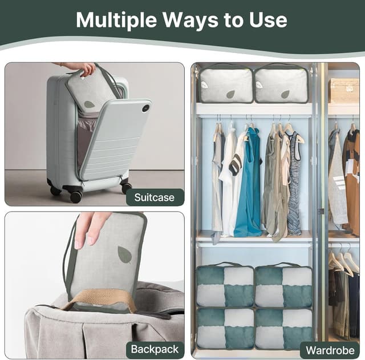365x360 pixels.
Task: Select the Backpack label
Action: click(x=155, y=349)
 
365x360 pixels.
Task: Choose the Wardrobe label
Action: click(x=330, y=349)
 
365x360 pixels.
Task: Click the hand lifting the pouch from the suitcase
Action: click(x=83, y=68)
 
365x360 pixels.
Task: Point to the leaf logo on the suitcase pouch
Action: click(x=90, y=104)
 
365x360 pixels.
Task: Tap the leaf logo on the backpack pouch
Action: click(x=124, y=254)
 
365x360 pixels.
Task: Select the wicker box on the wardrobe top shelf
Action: click(x=343, y=90)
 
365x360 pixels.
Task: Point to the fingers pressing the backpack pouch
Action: click(x=88, y=226)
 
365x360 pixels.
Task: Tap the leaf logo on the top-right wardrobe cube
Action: click(x=285, y=94)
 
